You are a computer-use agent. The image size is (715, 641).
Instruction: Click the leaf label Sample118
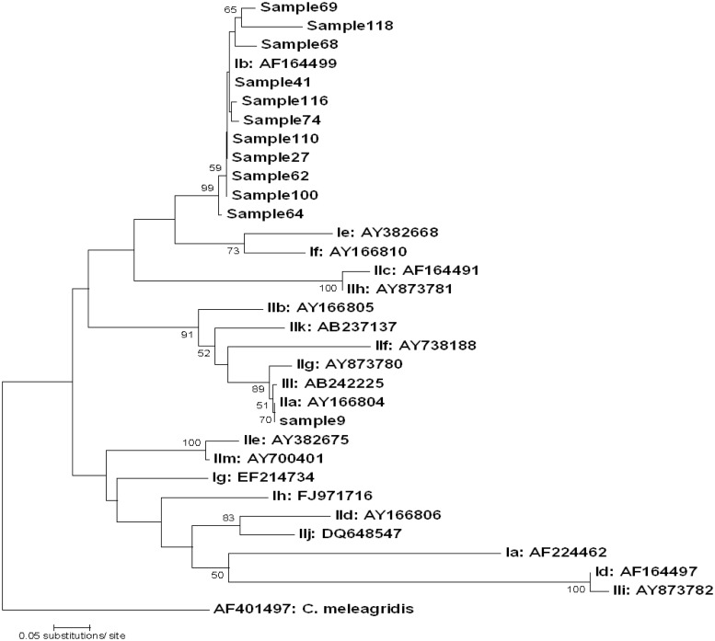coord(351,26)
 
